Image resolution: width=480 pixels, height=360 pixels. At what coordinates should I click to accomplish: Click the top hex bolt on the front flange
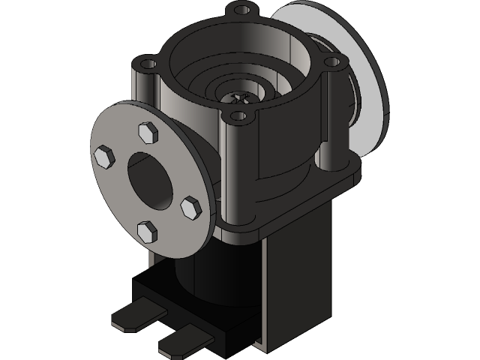tap(148, 131)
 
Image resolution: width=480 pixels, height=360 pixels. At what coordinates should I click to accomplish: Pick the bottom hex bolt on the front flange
tap(147, 232)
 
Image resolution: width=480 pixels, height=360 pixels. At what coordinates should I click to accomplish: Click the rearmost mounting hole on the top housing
tap(241, 10)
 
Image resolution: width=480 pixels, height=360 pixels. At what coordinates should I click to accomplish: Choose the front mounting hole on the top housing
tap(238, 116)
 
